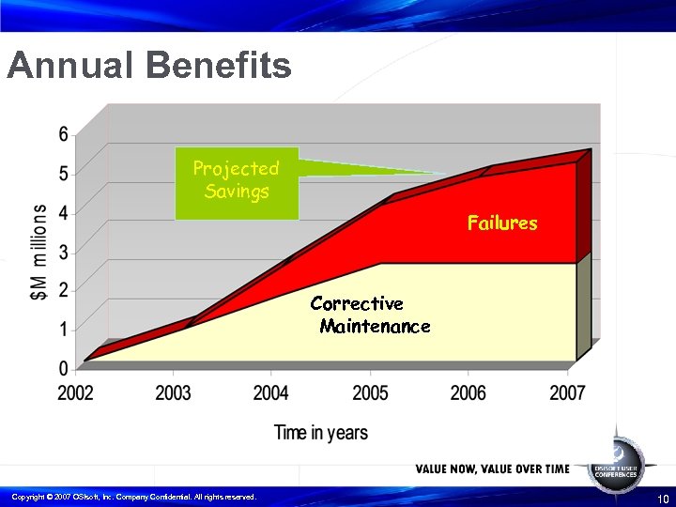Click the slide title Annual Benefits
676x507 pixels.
pos(148,67)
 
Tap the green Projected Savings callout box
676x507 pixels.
pos(237,181)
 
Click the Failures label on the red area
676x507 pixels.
pos(502,223)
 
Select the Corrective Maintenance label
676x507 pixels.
pos(368,315)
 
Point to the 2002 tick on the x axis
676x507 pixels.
pos(76,392)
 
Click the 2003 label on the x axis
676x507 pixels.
pos(173,392)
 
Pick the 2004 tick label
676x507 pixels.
pos(270,392)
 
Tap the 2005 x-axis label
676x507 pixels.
pos(370,392)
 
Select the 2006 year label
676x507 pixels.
pos(468,392)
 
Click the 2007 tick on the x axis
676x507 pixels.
pos(567,392)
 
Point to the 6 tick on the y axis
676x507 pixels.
pos(64,134)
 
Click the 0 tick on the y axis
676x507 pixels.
pos(64,368)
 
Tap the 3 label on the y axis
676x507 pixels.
pos(64,251)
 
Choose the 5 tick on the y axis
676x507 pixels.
pos(64,173)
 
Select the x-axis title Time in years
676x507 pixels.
pos(321,433)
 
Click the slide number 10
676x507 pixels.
pos(663,498)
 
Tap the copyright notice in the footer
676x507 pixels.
pos(133,497)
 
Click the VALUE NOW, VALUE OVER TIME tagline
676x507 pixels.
pos(492,469)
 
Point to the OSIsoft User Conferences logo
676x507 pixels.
pos(616,462)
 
